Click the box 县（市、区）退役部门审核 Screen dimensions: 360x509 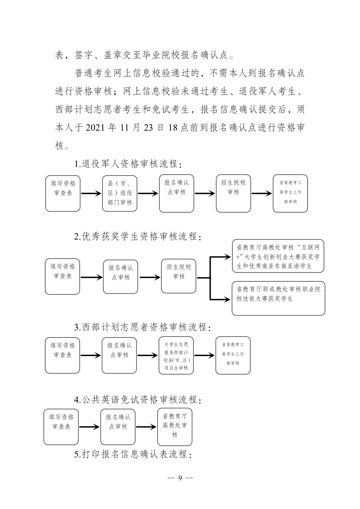coord(120,194)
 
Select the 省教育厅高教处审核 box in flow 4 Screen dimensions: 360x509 coord(175,427)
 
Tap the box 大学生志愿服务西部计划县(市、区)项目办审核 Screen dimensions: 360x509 coord(176,355)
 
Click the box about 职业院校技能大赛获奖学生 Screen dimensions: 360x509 coord(278,298)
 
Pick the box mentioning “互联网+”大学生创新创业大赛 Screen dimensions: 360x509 coord(278,256)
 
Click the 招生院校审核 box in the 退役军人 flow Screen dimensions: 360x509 coord(233,194)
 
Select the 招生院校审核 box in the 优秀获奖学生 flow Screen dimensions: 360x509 coord(179,276)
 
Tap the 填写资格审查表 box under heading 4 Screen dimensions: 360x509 coord(61,427)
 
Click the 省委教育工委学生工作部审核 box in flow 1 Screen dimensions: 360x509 coord(290,194)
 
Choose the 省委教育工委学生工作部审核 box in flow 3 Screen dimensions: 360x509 coord(233,355)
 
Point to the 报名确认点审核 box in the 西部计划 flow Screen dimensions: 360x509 coord(119,355)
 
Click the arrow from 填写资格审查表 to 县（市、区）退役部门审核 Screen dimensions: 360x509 coord(91,194)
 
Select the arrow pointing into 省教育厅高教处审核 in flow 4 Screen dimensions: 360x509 coord(146,427)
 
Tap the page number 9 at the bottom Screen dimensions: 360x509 coord(180,478)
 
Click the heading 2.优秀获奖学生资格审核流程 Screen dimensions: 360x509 coord(138,237)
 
